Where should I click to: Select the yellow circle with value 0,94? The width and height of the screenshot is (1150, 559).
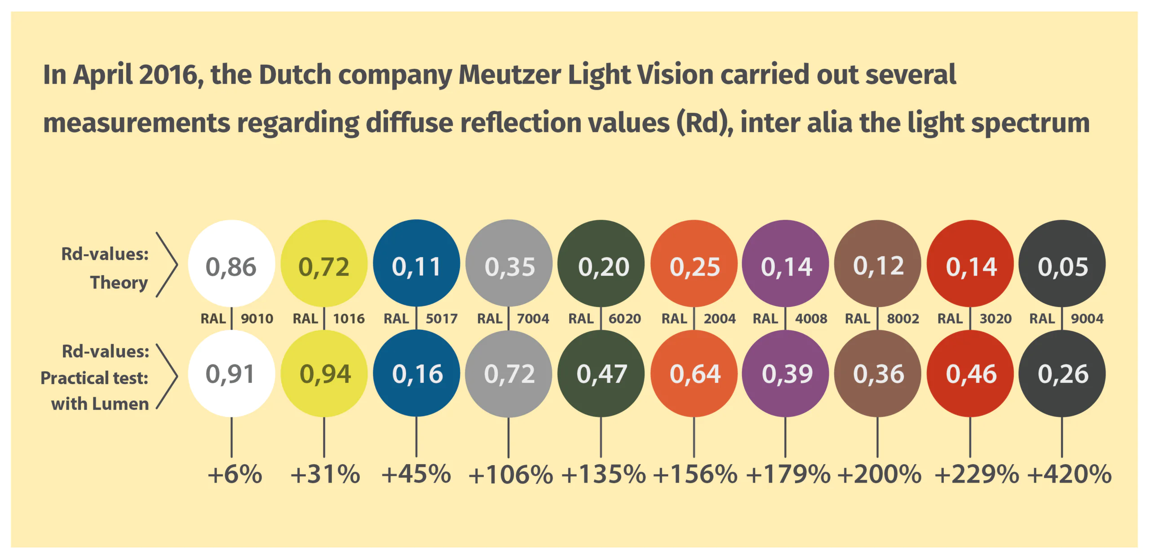(x=324, y=374)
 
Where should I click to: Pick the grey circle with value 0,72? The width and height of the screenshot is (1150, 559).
(x=509, y=374)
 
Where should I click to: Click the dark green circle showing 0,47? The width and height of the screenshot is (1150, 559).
(x=601, y=374)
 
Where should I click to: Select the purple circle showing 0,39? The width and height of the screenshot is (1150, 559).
(x=786, y=374)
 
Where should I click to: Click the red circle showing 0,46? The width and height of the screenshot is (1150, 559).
(x=970, y=374)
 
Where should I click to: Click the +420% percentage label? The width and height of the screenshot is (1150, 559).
(x=1069, y=475)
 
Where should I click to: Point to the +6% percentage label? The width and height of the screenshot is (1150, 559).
(x=234, y=475)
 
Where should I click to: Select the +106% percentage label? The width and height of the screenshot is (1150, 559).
(x=510, y=475)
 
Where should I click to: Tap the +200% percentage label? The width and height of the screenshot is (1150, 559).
(x=879, y=475)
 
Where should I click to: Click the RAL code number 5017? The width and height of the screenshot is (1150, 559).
(x=441, y=319)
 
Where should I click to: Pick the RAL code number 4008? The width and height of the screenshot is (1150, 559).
(x=811, y=319)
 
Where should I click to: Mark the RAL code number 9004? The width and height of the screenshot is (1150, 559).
(x=1087, y=319)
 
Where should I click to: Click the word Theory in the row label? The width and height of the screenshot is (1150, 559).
(x=119, y=283)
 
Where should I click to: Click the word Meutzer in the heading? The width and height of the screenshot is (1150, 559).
(x=509, y=75)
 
